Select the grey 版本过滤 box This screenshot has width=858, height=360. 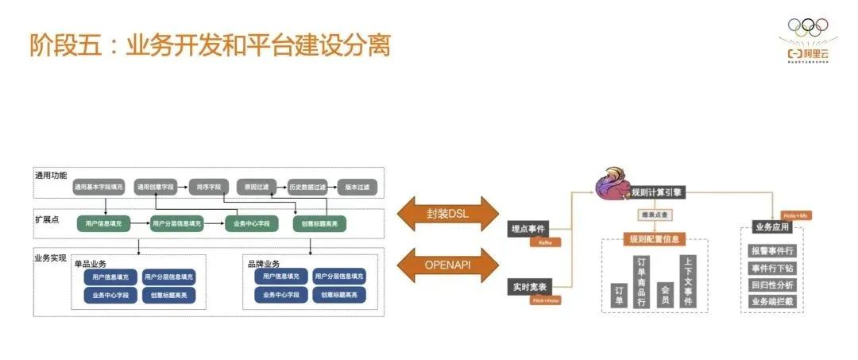pos(357,188)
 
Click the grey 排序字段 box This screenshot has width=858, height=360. pos(210,188)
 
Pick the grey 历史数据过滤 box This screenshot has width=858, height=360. pos(307,188)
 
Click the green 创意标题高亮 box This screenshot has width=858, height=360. pos(319,224)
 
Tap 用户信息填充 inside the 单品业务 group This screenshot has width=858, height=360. pos(109,277)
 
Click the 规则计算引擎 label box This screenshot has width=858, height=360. pos(655,192)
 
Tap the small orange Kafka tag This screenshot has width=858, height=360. pos(546,242)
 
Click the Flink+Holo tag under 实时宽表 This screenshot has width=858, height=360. pos(546,300)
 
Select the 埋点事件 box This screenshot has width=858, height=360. pos(528,229)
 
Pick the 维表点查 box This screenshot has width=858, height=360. pos(655,215)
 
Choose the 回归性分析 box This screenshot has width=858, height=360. pos(772,285)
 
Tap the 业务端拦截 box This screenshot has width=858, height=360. pos(772,301)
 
